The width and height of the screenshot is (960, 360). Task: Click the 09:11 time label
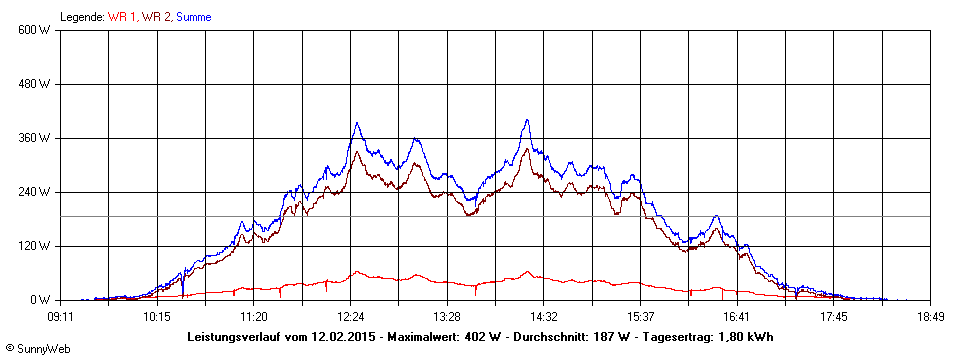click(x=60, y=317)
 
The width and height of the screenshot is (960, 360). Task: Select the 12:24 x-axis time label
click(x=351, y=317)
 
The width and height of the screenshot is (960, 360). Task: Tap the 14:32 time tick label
click(x=544, y=317)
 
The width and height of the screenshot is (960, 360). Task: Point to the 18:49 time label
click(x=931, y=317)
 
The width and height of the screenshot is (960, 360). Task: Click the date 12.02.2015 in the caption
click(x=343, y=337)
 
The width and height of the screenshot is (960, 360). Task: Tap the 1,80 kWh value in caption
click(x=745, y=337)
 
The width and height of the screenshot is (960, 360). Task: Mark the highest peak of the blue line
click(x=526, y=120)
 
